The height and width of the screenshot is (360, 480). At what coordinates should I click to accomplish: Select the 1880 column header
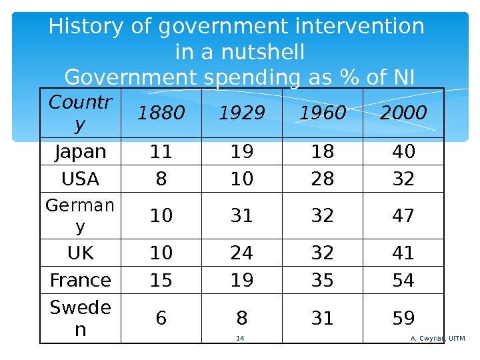[x=160, y=114]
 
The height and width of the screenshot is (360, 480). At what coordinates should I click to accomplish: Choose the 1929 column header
[x=241, y=114]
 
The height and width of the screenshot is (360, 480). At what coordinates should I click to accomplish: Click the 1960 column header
[x=323, y=114]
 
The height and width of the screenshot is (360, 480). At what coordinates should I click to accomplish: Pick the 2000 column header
[x=403, y=114]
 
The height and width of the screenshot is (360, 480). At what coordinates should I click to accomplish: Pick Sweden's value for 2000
[x=403, y=319]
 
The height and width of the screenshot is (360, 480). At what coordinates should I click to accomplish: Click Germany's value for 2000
[x=403, y=216]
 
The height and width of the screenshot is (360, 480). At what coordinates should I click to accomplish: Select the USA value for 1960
[x=323, y=179]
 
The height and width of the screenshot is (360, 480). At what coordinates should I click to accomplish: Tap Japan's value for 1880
[x=160, y=152]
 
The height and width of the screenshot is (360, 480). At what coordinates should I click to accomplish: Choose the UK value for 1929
[x=241, y=253]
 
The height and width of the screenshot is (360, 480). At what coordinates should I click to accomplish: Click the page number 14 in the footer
[x=241, y=339]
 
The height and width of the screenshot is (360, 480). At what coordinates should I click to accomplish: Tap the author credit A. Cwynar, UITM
[x=437, y=339]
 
